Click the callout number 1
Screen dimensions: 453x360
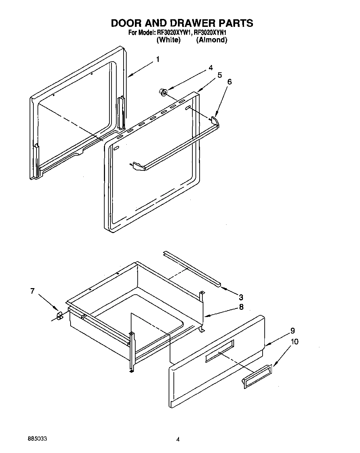[x=158, y=59]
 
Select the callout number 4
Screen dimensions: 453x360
[x=211, y=68]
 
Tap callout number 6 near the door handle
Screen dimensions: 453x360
[x=230, y=82]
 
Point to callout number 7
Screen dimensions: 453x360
[x=32, y=291]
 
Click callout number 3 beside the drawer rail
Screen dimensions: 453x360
[x=241, y=297]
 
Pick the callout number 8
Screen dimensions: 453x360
[x=241, y=307]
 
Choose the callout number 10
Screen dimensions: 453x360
[x=294, y=341]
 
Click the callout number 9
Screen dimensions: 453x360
[x=292, y=331]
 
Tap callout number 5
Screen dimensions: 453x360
[x=220, y=75]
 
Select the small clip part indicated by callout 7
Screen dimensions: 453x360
[x=59, y=315]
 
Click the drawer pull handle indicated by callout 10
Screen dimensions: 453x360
[x=257, y=377]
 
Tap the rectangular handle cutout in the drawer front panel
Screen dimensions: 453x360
[x=220, y=351]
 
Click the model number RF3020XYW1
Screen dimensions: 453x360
[x=174, y=33]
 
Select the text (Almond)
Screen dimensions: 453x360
[x=211, y=40]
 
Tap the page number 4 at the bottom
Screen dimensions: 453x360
[x=178, y=439]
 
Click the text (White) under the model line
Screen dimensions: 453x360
[x=168, y=40]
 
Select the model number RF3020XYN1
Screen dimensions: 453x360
[x=210, y=33]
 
